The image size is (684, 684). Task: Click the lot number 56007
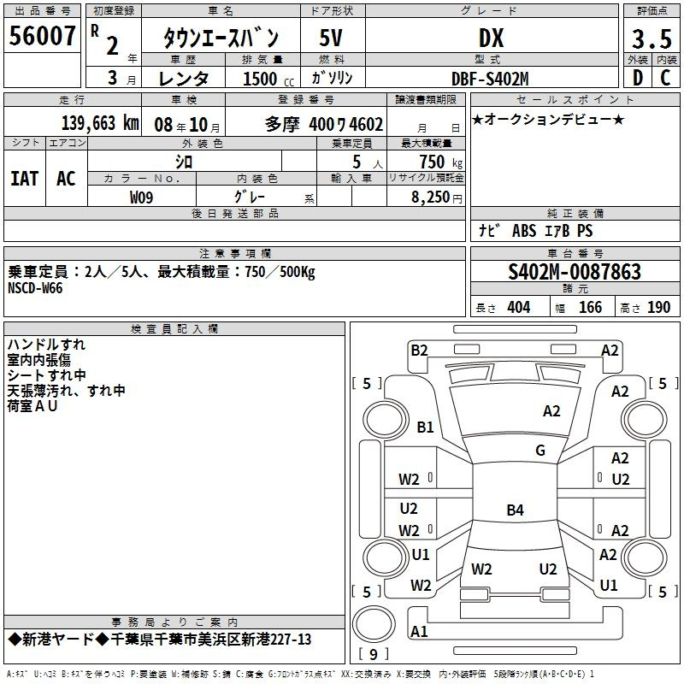coord(42,36)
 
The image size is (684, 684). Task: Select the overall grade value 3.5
coord(652,38)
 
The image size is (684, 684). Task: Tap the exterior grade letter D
coord(638,78)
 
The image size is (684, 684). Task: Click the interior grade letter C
coord(665,78)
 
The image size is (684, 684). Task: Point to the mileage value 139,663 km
coord(100,123)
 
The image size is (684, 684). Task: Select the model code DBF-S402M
coord(490,79)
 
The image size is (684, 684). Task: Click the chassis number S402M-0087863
coord(575,272)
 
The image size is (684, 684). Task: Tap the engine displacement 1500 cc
coord(268,79)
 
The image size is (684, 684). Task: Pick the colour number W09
coord(141,198)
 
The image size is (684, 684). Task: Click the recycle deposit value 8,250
coord(431,198)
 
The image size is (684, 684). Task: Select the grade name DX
coord(491,38)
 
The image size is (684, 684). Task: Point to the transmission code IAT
coord(24,179)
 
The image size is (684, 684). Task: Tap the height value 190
coord(658,307)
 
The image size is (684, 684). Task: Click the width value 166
coord(590,307)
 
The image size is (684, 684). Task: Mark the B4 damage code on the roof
coord(515,510)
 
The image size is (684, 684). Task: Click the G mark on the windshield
coord(540,450)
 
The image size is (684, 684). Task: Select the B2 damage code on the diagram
coord(419,351)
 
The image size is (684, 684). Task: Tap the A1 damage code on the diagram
coord(419,631)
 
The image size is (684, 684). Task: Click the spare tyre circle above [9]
coord(374,625)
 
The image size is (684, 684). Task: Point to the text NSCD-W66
coord(35,288)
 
